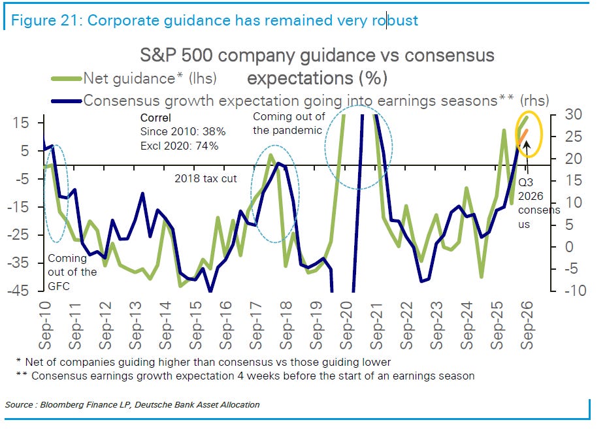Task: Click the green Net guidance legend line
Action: [x=67, y=78]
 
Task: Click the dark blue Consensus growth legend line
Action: [x=67, y=101]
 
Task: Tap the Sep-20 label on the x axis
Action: [x=346, y=326]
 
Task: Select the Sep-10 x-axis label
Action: [x=45, y=326]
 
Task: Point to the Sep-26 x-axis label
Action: [x=527, y=326]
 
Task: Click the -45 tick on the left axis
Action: [x=18, y=290]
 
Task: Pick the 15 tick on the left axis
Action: [x=22, y=123]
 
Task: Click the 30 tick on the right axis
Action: [x=573, y=114]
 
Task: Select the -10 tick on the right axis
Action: [x=575, y=290]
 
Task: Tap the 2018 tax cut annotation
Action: [x=206, y=178]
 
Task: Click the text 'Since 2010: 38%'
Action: [x=183, y=131]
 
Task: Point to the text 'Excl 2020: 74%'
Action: [x=179, y=146]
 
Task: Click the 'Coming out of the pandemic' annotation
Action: [x=289, y=123]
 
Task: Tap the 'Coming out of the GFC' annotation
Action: [x=73, y=272]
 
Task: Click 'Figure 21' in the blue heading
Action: [x=45, y=20]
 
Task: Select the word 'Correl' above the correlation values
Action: [x=156, y=118]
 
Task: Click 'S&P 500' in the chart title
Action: [x=176, y=56]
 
